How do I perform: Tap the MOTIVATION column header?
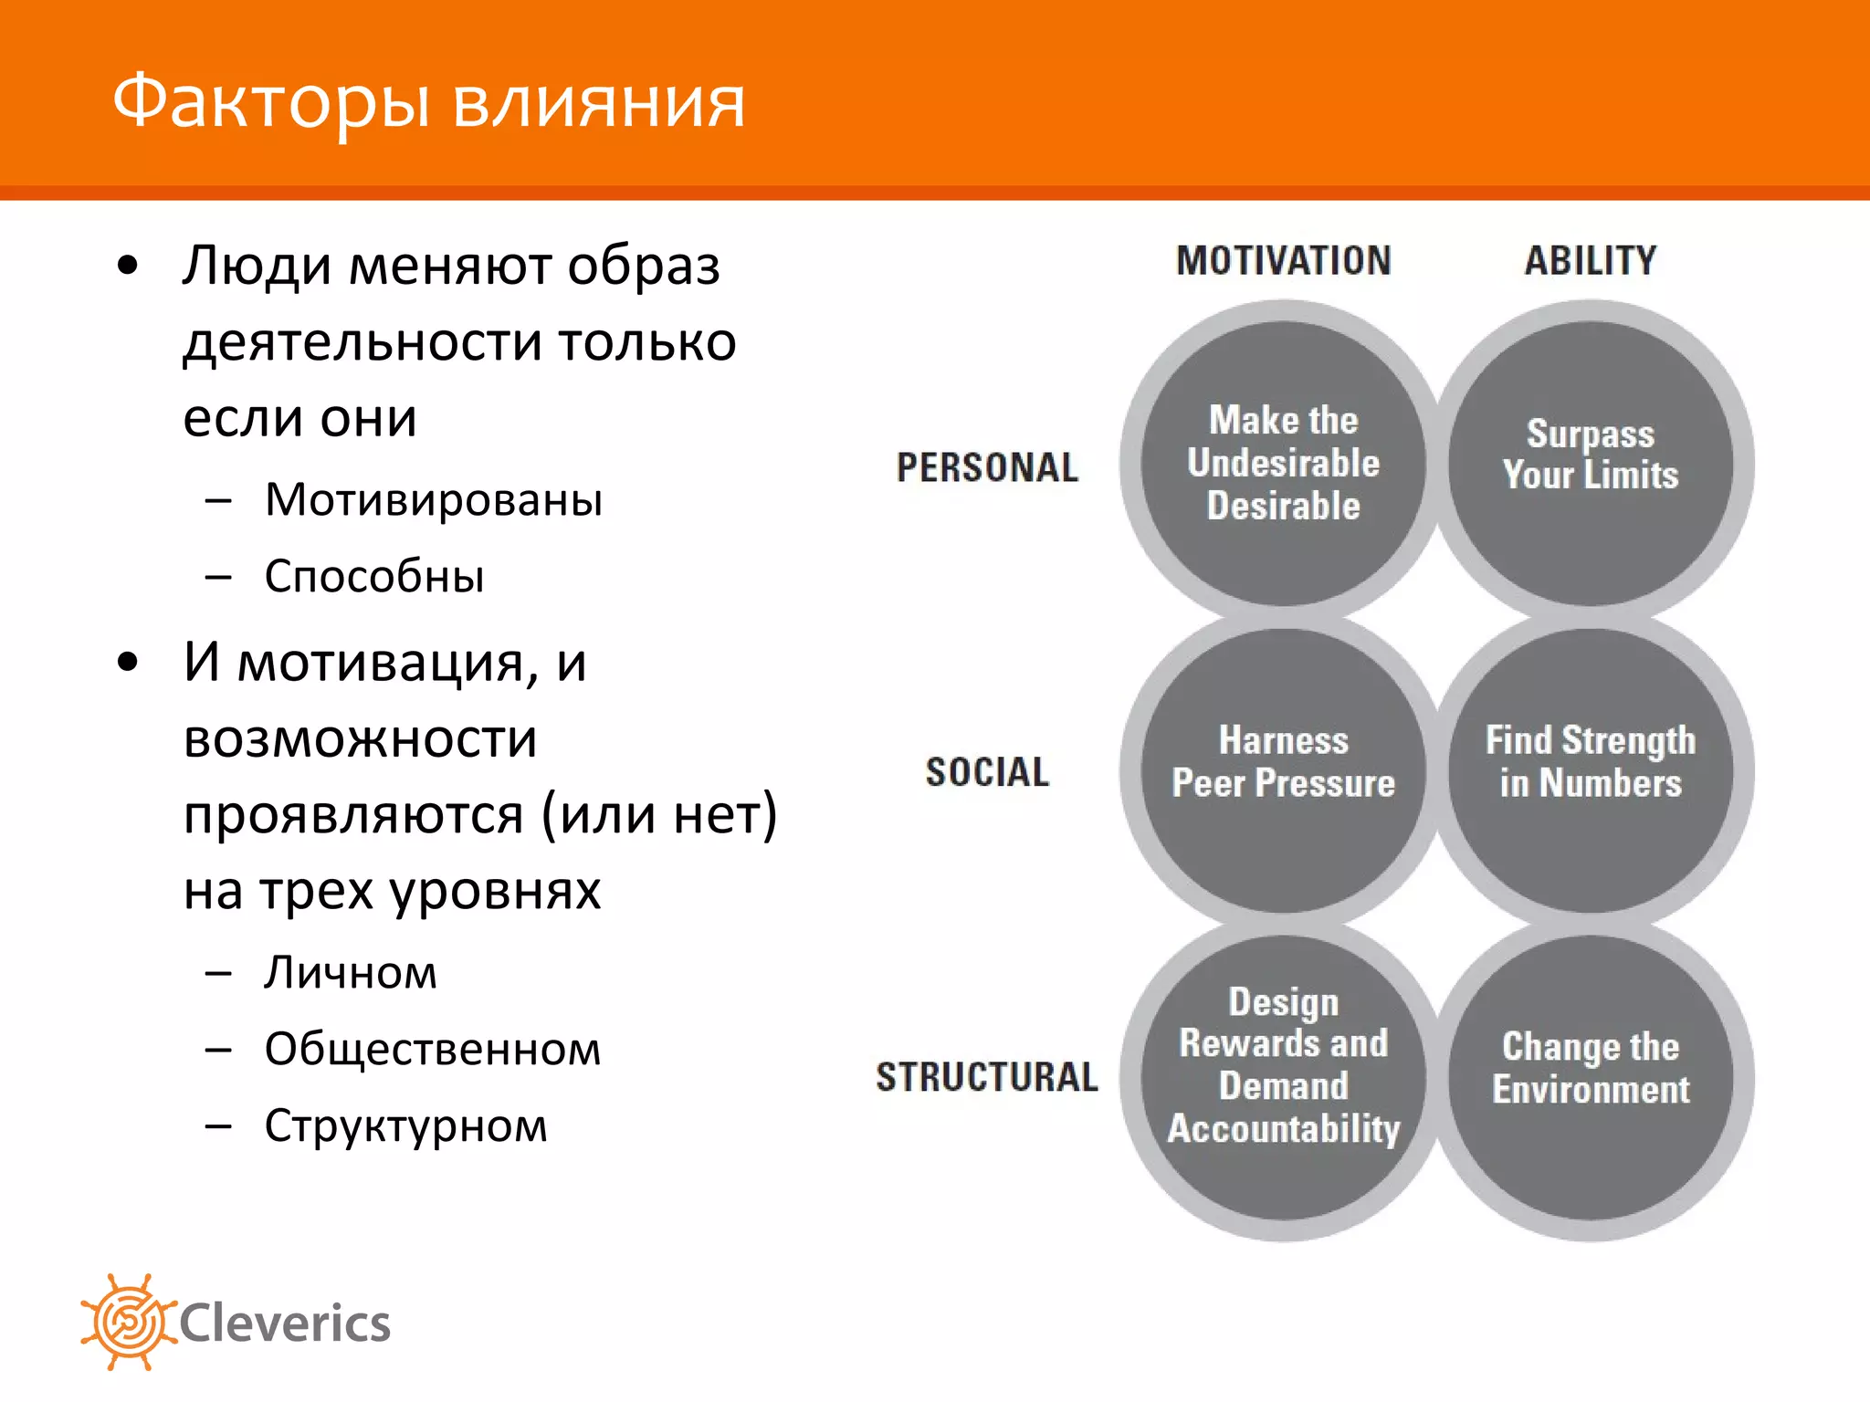(1283, 261)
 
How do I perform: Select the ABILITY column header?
(1590, 261)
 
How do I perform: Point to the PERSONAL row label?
(987, 467)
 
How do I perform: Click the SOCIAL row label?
(987, 772)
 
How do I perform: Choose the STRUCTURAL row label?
(987, 1077)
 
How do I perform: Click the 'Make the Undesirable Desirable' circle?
(1283, 464)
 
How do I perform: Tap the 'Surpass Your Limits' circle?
(1590, 464)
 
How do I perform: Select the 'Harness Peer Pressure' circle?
(1283, 770)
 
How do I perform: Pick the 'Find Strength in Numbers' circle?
(1590, 770)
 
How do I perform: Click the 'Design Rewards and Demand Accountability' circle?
(1283, 1077)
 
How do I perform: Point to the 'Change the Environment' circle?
(1590, 1077)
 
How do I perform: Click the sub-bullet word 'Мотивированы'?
(434, 500)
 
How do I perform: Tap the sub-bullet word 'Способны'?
(374, 577)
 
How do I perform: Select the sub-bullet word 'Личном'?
(351, 973)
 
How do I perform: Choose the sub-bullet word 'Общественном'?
(433, 1050)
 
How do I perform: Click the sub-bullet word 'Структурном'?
(405, 1126)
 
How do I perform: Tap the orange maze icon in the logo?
(128, 1322)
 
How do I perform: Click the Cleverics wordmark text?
(285, 1324)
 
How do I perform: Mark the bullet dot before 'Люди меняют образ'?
(128, 267)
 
